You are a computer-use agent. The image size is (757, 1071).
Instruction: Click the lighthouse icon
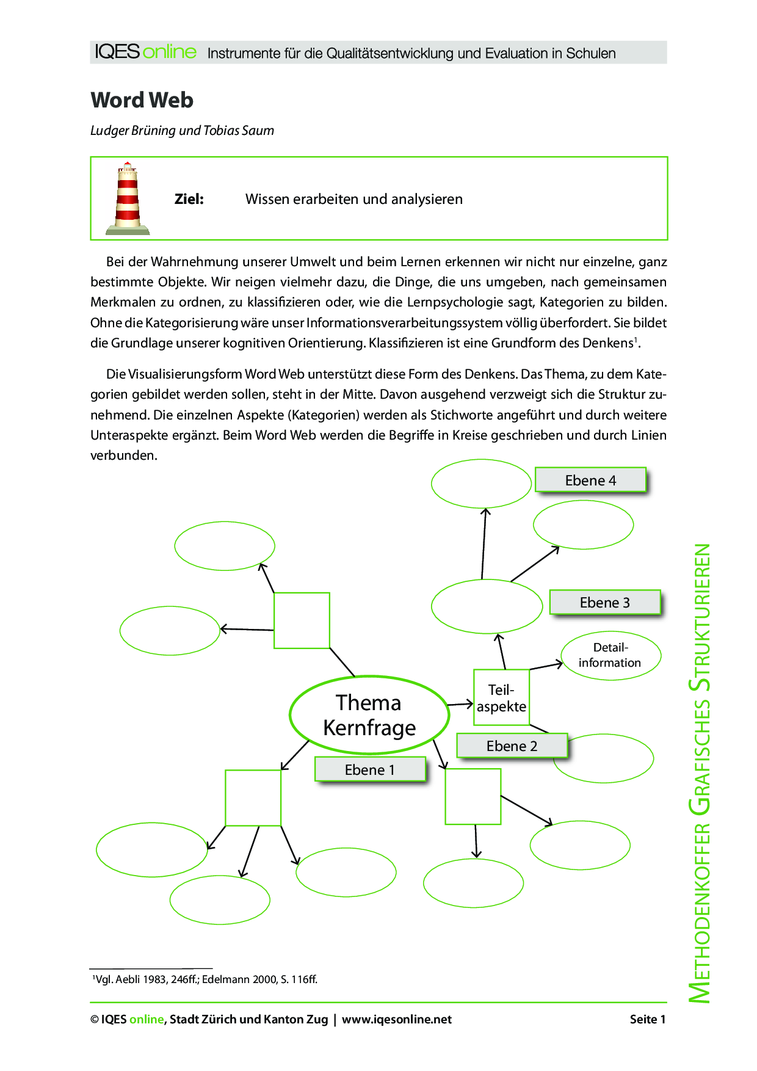click(x=128, y=199)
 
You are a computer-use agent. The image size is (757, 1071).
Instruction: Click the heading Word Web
click(x=142, y=100)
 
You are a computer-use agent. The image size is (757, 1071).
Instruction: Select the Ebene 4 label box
click(x=590, y=480)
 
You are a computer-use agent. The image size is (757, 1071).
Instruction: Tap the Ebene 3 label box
click(x=605, y=603)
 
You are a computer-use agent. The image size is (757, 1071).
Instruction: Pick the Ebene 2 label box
click(x=512, y=746)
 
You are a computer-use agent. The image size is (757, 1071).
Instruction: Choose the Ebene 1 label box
click(x=370, y=769)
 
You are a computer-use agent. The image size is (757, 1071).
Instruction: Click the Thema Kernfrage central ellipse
click(x=369, y=715)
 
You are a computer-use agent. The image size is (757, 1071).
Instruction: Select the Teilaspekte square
click(x=501, y=698)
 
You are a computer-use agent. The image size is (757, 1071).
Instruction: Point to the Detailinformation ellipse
click(x=610, y=655)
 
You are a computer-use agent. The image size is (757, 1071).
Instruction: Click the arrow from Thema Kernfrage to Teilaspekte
click(x=461, y=705)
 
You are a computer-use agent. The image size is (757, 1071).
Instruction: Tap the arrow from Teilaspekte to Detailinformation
click(x=546, y=666)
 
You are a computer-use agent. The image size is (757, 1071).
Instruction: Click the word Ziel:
click(x=189, y=199)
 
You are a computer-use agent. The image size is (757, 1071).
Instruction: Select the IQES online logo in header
click(x=146, y=52)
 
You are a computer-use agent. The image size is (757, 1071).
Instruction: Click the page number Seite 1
click(x=647, y=1019)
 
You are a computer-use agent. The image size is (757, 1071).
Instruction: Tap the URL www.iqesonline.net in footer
click(x=397, y=1019)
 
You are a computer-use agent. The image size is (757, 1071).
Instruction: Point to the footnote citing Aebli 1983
click(x=205, y=979)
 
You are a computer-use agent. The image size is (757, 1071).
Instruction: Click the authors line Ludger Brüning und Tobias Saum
click(x=182, y=130)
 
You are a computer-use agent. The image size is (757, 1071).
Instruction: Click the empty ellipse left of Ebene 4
click(x=481, y=484)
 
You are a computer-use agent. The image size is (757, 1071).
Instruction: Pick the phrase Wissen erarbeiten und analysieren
click(x=354, y=199)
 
